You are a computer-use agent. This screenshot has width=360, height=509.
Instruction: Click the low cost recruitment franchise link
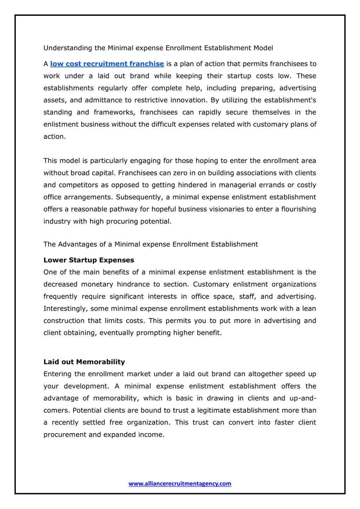[x=107, y=64]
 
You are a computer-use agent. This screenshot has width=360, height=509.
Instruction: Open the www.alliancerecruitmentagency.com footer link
[x=180, y=484]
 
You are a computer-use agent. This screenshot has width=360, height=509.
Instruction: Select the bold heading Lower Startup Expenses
[x=89, y=260]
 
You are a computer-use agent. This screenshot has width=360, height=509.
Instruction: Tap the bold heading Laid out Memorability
[x=84, y=362]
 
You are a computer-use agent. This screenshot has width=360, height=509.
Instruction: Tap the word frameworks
[x=114, y=112]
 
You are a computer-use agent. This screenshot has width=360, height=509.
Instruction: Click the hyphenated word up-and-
[x=303, y=398]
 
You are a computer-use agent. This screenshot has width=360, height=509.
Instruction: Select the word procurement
[x=65, y=435]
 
